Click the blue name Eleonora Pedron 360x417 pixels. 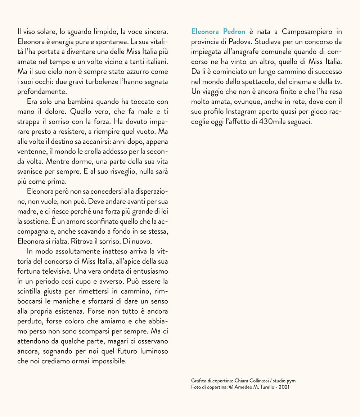pyautogui.click(x=218, y=31)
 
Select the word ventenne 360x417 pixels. pyautogui.click(x=32, y=151)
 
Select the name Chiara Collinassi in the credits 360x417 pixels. pyautogui.click(x=255, y=381)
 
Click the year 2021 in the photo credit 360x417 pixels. pyautogui.click(x=284, y=387)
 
